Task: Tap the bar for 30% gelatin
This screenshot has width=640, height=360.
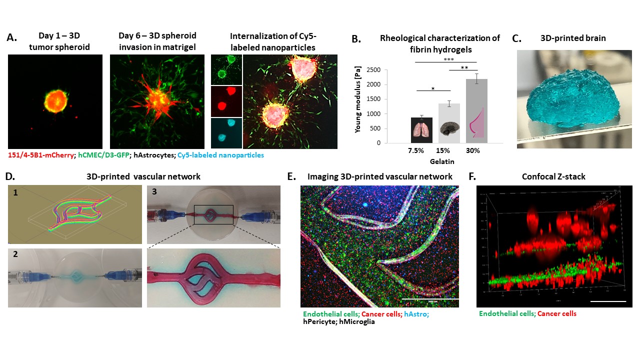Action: (477, 110)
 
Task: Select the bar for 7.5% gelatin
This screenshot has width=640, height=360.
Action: (422, 130)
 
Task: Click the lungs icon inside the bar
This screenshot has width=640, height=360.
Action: (422, 131)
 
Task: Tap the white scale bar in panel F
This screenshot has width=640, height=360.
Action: (607, 301)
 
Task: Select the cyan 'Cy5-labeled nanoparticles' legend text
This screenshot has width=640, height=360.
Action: (220, 155)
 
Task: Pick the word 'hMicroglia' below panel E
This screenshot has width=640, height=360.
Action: (357, 322)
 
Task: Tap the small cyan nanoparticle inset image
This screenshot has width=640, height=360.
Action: (226, 132)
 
